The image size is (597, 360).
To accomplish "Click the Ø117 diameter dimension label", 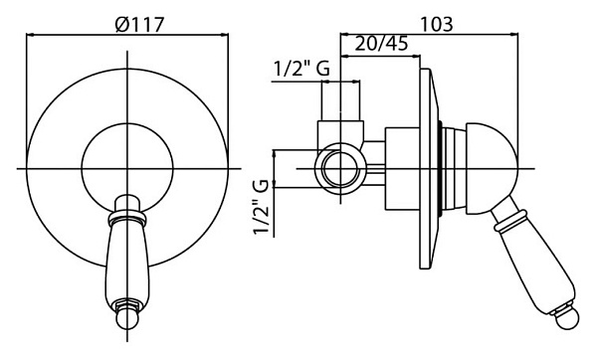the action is click(139, 24).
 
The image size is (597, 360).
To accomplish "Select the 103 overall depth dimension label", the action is click(437, 24).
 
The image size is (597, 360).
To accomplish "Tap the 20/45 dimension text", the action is click(381, 44).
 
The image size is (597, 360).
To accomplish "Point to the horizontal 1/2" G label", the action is click(301, 70).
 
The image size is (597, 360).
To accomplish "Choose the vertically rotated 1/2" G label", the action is click(262, 208).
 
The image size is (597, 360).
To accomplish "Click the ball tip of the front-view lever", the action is click(127, 318).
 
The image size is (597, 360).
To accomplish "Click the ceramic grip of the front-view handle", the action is click(126, 264).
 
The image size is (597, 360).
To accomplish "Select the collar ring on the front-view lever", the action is click(126, 218).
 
